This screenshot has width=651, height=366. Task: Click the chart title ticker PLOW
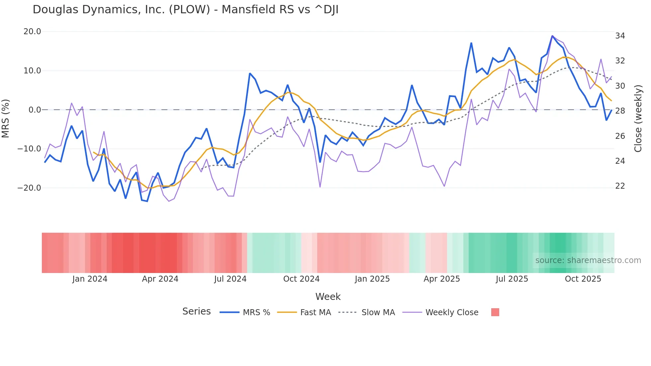tap(190, 10)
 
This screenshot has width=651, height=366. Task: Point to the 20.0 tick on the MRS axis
tap(32, 32)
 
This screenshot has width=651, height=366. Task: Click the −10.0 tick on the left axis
tap(29, 149)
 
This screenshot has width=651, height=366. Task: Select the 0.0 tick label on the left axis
tap(35, 110)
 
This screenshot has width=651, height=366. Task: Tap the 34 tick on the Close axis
tap(620, 36)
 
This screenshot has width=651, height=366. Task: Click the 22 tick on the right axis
tap(620, 186)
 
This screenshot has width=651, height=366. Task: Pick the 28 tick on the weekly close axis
tap(620, 111)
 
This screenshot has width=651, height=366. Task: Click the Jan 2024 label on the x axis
tap(90, 279)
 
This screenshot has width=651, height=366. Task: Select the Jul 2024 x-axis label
tap(230, 279)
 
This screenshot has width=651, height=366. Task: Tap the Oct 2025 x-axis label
tap(583, 279)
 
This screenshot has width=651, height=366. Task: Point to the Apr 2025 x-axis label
tap(441, 279)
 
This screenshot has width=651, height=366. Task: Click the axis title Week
tap(328, 297)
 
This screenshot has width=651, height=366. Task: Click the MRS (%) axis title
tap(6, 118)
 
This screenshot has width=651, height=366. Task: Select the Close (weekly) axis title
tap(638, 118)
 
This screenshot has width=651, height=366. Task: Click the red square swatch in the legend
tap(495, 312)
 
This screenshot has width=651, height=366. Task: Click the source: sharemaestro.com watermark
tap(588, 260)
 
